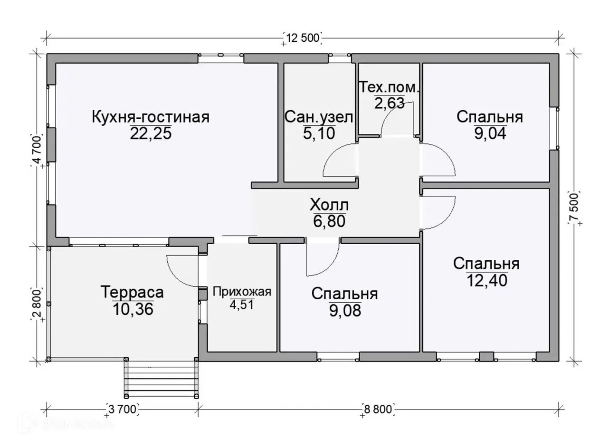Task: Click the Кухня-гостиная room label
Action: click(x=151, y=117)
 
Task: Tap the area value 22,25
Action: click(x=151, y=133)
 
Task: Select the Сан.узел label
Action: click(x=319, y=117)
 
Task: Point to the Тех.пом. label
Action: click(x=389, y=87)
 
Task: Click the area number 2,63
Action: click(x=389, y=103)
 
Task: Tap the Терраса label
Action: click(x=132, y=292)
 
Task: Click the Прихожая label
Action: click(x=242, y=292)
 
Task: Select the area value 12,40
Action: click(x=487, y=280)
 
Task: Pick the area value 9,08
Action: click(x=345, y=311)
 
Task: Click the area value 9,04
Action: click(x=490, y=133)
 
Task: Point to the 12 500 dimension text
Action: click(x=303, y=38)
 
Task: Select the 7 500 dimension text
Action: click(x=575, y=207)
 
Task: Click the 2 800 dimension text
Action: click(x=37, y=304)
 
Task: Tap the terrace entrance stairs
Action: click(x=161, y=378)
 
